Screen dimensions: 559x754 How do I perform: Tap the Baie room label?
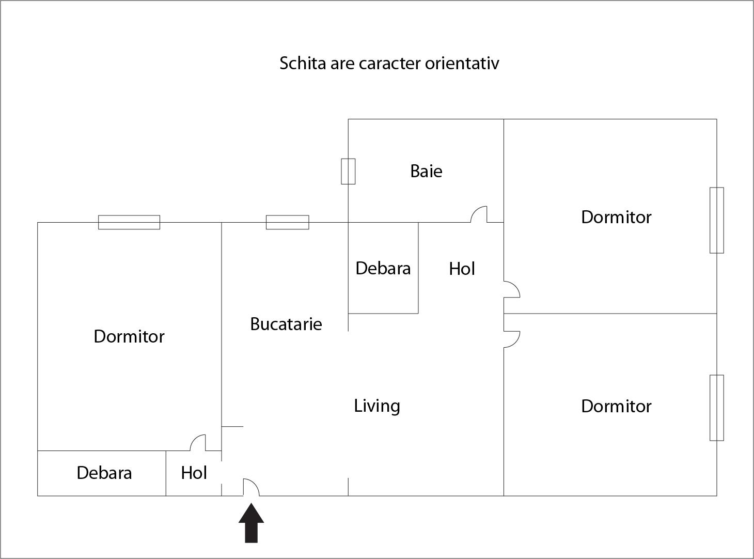click(426, 171)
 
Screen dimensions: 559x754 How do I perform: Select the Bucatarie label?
click(286, 324)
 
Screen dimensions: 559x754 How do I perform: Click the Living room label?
click(377, 406)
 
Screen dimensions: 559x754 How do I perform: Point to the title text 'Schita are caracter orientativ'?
click(389, 64)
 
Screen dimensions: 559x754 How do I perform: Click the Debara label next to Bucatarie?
click(383, 268)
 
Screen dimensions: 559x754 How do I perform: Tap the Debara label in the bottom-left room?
click(104, 473)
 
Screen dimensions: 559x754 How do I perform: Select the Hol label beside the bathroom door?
click(462, 269)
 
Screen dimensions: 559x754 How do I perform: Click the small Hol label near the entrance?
click(194, 473)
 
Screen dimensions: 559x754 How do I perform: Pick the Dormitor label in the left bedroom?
click(129, 336)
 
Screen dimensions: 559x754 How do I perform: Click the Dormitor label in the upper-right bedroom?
click(616, 217)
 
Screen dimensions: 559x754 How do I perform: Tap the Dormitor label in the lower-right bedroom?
click(616, 406)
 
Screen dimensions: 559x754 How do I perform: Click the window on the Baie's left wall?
click(348, 171)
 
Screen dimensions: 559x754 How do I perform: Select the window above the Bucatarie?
click(287, 222)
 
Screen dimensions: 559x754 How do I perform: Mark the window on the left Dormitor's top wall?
click(129, 222)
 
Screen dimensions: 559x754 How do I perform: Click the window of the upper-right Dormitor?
click(716, 220)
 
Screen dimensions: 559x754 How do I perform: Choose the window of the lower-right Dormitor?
click(716, 408)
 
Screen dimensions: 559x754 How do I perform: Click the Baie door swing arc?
click(479, 214)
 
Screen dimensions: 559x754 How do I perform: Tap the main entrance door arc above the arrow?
click(252, 487)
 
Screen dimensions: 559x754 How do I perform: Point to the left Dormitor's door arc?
click(198, 442)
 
